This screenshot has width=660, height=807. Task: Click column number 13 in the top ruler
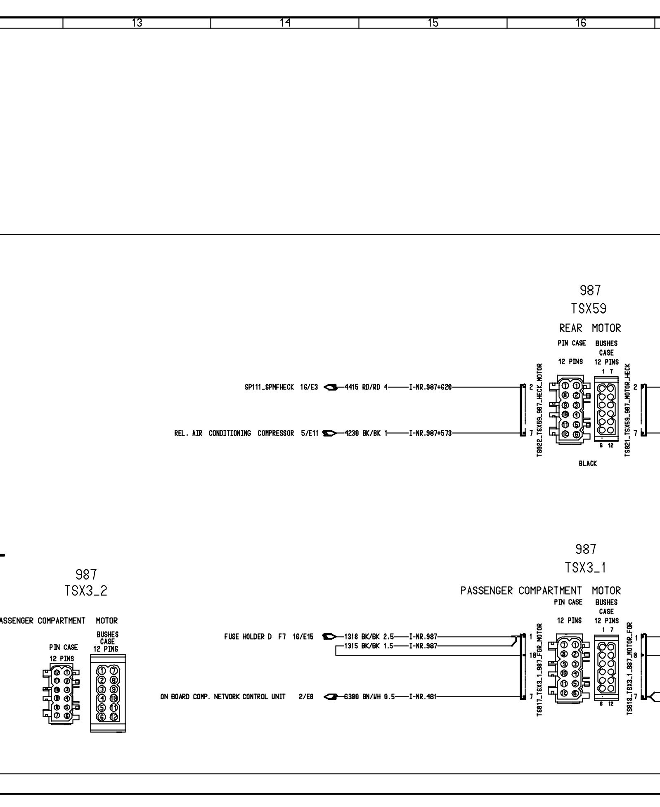(137, 23)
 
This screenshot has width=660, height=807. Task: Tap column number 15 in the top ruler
(433, 23)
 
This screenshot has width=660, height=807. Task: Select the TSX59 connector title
(589, 308)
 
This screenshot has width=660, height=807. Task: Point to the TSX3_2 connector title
(86, 591)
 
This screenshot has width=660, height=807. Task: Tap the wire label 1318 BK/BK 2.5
(366, 637)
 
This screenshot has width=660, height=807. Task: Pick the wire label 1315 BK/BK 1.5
(366, 646)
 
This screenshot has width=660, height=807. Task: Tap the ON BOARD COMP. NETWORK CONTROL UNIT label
(223, 697)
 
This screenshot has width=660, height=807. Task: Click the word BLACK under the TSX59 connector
(588, 464)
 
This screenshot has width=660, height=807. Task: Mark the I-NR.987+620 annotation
(431, 387)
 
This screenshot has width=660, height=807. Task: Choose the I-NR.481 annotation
(423, 697)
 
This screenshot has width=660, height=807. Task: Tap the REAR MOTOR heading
(590, 328)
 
